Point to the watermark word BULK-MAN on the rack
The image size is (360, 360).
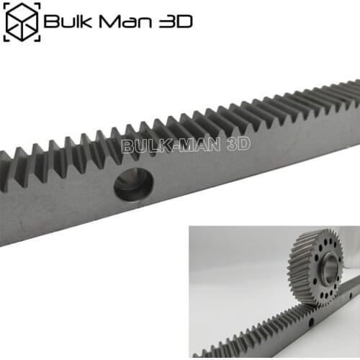173,145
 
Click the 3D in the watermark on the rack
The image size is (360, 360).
238,145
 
